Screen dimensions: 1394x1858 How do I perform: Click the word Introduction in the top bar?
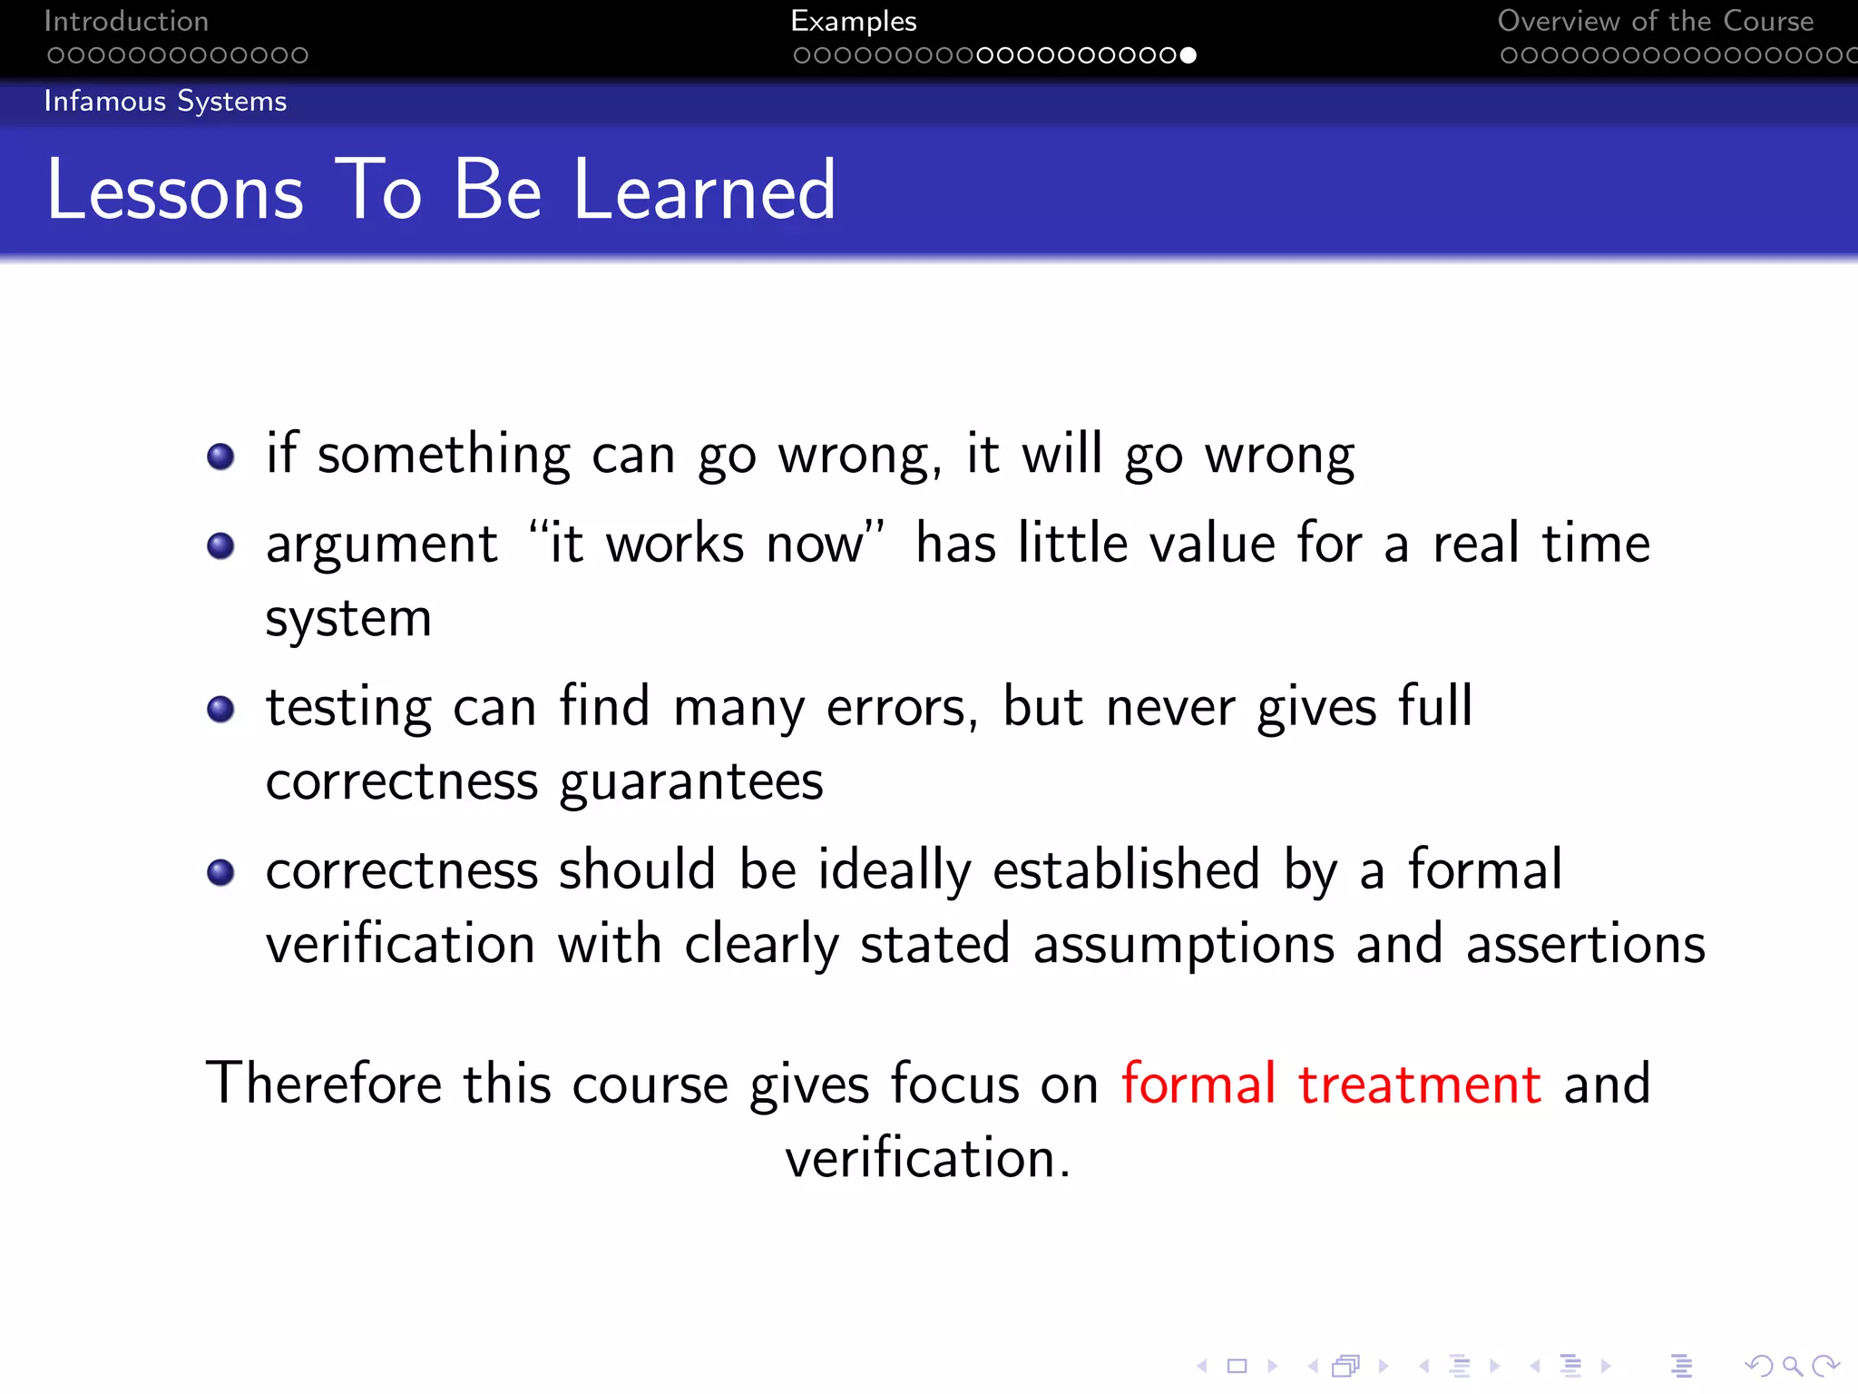pos(126,21)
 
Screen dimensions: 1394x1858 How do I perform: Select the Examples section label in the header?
pos(853,21)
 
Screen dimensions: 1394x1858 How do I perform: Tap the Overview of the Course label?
pos(1655,21)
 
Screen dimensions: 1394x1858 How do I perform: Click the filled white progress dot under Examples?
pos(1188,55)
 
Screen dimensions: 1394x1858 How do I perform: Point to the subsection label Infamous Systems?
pos(165,101)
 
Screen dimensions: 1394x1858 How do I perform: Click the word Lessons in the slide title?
pos(175,191)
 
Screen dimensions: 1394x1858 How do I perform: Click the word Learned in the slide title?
pos(704,191)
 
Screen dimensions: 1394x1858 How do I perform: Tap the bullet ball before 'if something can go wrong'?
pos(220,456)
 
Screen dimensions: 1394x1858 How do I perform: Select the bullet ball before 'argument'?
pos(220,545)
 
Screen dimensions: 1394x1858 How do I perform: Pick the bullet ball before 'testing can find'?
pos(220,709)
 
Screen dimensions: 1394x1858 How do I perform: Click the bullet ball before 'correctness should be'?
pos(220,872)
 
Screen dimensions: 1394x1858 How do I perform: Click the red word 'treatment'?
pos(1419,1084)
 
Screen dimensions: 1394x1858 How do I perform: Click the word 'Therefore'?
pos(324,1084)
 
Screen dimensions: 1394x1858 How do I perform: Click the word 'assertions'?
pos(1586,944)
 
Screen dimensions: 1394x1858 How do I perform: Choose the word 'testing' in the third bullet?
pos(348,709)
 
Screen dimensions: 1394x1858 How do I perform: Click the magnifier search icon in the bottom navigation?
pos(1792,1366)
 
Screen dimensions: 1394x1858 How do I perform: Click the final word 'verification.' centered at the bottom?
pos(927,1159)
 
